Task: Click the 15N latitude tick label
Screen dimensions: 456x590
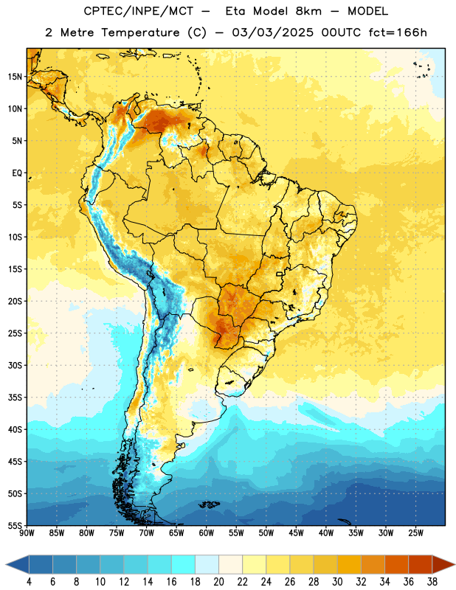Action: pos(15,77)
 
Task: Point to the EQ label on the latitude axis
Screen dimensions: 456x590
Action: pos(17,173)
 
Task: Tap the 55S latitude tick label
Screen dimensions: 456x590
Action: pos(15,525)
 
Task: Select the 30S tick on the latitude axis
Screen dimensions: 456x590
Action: pos(15,365)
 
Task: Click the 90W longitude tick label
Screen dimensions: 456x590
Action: pos(27,533)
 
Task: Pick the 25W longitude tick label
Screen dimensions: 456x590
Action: pos(415,533)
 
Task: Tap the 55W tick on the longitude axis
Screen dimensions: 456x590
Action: pos(236,533)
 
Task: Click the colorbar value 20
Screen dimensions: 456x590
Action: pos(218,582)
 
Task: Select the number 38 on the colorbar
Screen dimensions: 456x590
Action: pos(432,582)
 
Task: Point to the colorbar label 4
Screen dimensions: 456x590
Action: pos(30,582)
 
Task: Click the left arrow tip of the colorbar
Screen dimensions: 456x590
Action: pos(6,564)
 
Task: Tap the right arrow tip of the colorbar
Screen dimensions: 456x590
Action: pos(455,564)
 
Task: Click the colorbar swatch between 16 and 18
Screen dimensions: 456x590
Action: pos(184,564)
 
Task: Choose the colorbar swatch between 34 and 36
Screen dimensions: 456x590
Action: pos(396,564)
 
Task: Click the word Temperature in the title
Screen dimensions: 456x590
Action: pos(140,32)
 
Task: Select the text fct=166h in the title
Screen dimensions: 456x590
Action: pos(398,32)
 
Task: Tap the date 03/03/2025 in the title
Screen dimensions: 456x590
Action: pos(272,32)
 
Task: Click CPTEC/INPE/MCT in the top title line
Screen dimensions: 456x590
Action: pos(139,11)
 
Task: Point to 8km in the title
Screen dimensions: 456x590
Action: pos(308,11)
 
